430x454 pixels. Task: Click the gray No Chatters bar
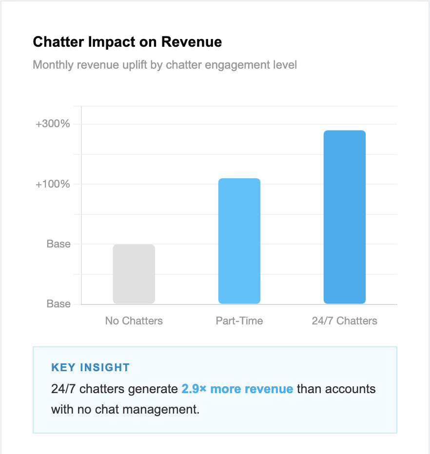[x=134, y=274]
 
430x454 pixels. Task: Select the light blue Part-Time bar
[x=239, y=241]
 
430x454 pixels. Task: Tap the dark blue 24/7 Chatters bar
[x=345, y=217]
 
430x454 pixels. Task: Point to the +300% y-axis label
[x=53, y=124]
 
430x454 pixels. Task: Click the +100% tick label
[x=53, y=184]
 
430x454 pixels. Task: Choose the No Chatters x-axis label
[x=134, y=321]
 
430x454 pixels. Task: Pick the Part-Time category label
[x=239, y=321]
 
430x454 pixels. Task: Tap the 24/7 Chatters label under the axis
[x=345, y=321]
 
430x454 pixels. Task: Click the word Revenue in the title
[x=192, y=42]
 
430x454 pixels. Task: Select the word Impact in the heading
[x=112, y=42]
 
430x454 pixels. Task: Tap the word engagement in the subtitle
[x=237, y=65]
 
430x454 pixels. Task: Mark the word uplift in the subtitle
[x=135, y=65]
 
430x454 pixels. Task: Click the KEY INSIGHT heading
[x=90, y=367]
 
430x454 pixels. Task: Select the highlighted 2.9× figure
[x=194, y=389]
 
